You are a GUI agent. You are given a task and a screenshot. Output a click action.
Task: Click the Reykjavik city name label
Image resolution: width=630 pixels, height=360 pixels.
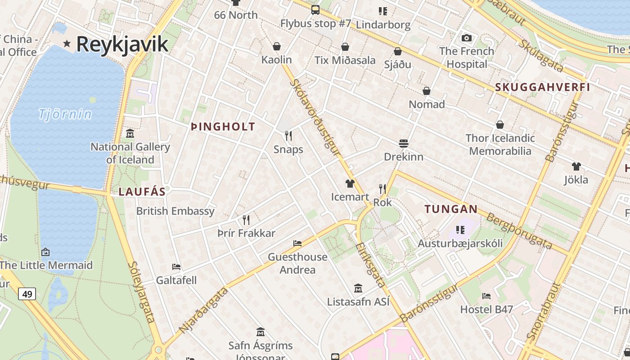tap(122, 44)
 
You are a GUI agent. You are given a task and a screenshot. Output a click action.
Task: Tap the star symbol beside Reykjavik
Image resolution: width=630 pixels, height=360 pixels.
tap(67, 44)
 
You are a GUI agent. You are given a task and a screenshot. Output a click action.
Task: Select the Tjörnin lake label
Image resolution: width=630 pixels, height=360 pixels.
tap(65, 114)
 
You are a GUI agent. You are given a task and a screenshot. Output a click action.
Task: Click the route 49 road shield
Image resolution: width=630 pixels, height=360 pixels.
tap(27, 294)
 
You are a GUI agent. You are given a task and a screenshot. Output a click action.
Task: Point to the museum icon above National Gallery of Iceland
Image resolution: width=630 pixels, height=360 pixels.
tap(130, 133)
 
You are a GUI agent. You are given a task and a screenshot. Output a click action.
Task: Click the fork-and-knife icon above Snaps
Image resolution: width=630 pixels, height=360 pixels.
tap(288, 135)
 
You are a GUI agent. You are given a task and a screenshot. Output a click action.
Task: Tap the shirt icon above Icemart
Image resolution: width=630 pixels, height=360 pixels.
tap(350, 183)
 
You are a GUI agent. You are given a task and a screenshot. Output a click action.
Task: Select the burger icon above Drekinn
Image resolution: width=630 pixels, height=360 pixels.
tap(404, 144)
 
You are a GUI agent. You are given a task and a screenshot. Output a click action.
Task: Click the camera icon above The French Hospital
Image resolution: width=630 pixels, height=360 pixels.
tap(467, 38)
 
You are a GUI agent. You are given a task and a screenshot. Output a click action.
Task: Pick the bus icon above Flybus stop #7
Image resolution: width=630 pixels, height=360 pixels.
tap(315, 9)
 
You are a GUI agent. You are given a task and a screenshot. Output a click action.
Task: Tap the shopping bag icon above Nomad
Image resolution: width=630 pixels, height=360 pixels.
tap(427, 91)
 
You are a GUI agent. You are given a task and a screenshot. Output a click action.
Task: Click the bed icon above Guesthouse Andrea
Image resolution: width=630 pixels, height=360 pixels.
tap(297, 243)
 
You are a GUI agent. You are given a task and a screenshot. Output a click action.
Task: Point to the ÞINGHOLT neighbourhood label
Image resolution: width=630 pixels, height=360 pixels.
tap(223, 127)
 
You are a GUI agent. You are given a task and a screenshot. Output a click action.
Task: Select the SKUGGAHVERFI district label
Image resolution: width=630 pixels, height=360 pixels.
tap(542, 87)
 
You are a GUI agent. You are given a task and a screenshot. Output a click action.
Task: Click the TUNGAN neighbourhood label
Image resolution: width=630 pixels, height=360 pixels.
tap(451, 209)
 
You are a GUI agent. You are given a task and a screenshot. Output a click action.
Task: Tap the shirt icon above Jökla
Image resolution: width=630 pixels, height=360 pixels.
tap(576, 166)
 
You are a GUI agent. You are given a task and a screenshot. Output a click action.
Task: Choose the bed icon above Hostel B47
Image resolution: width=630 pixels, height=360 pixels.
tap(486, 296)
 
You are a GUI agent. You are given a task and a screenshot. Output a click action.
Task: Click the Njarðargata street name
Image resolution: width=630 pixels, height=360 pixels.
tap(204, 311)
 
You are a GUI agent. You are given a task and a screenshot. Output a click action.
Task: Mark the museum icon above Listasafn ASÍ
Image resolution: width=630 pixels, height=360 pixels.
tap(358, 288)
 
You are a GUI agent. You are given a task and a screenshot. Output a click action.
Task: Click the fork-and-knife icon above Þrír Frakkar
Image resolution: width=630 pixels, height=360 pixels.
tap(246, 220)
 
